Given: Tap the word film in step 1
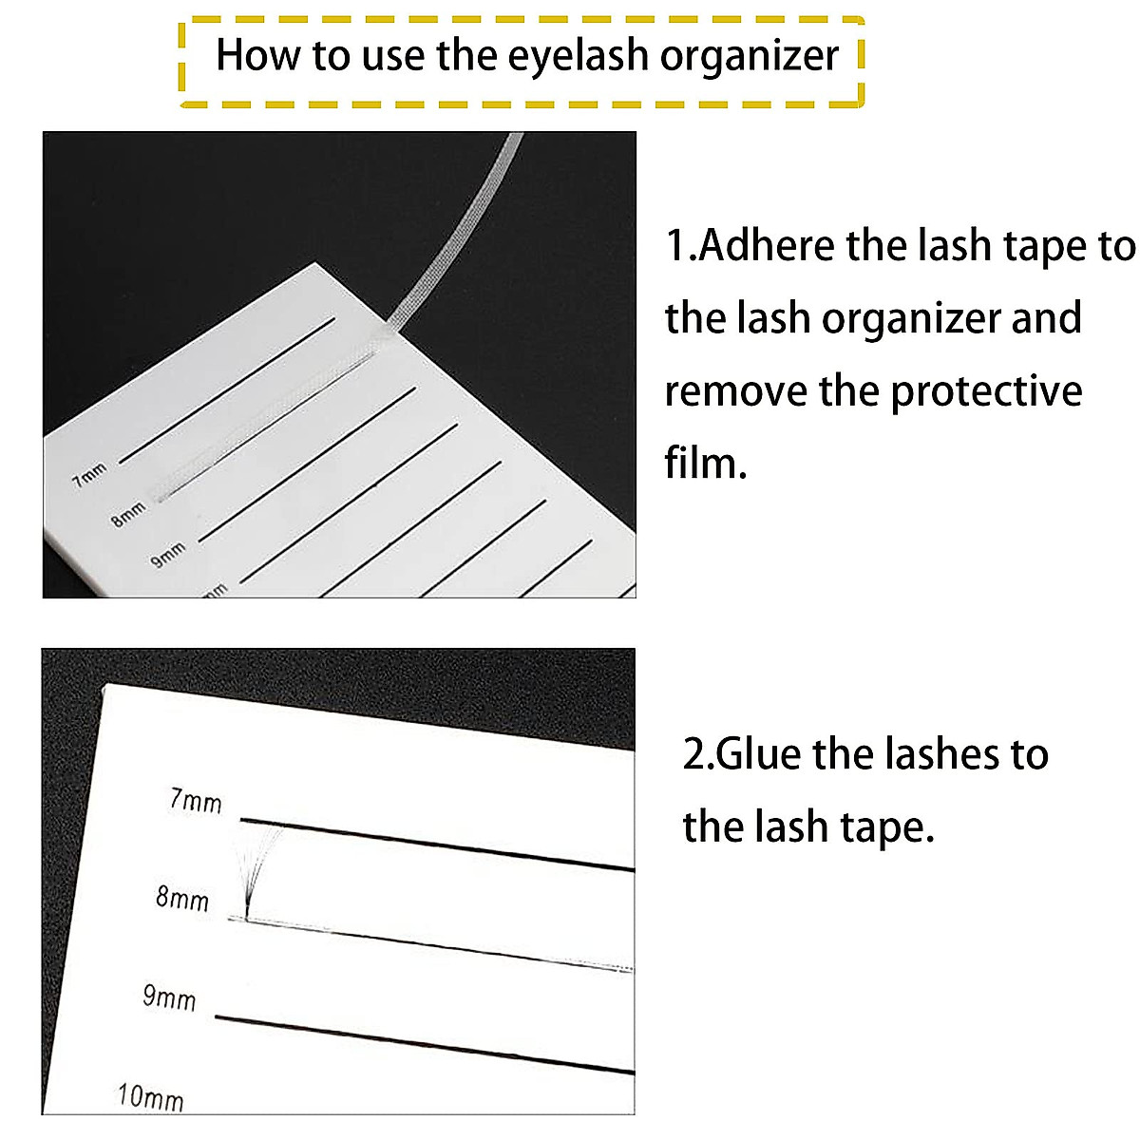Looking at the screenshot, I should point(704,463).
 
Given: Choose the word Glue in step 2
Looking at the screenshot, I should point(760,754).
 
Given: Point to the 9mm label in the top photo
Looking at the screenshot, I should point(168,556).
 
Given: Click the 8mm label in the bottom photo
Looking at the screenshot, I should point(182,898).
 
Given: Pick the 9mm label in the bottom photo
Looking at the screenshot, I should point(169,997).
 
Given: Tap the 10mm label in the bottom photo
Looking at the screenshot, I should point(150,1097).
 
